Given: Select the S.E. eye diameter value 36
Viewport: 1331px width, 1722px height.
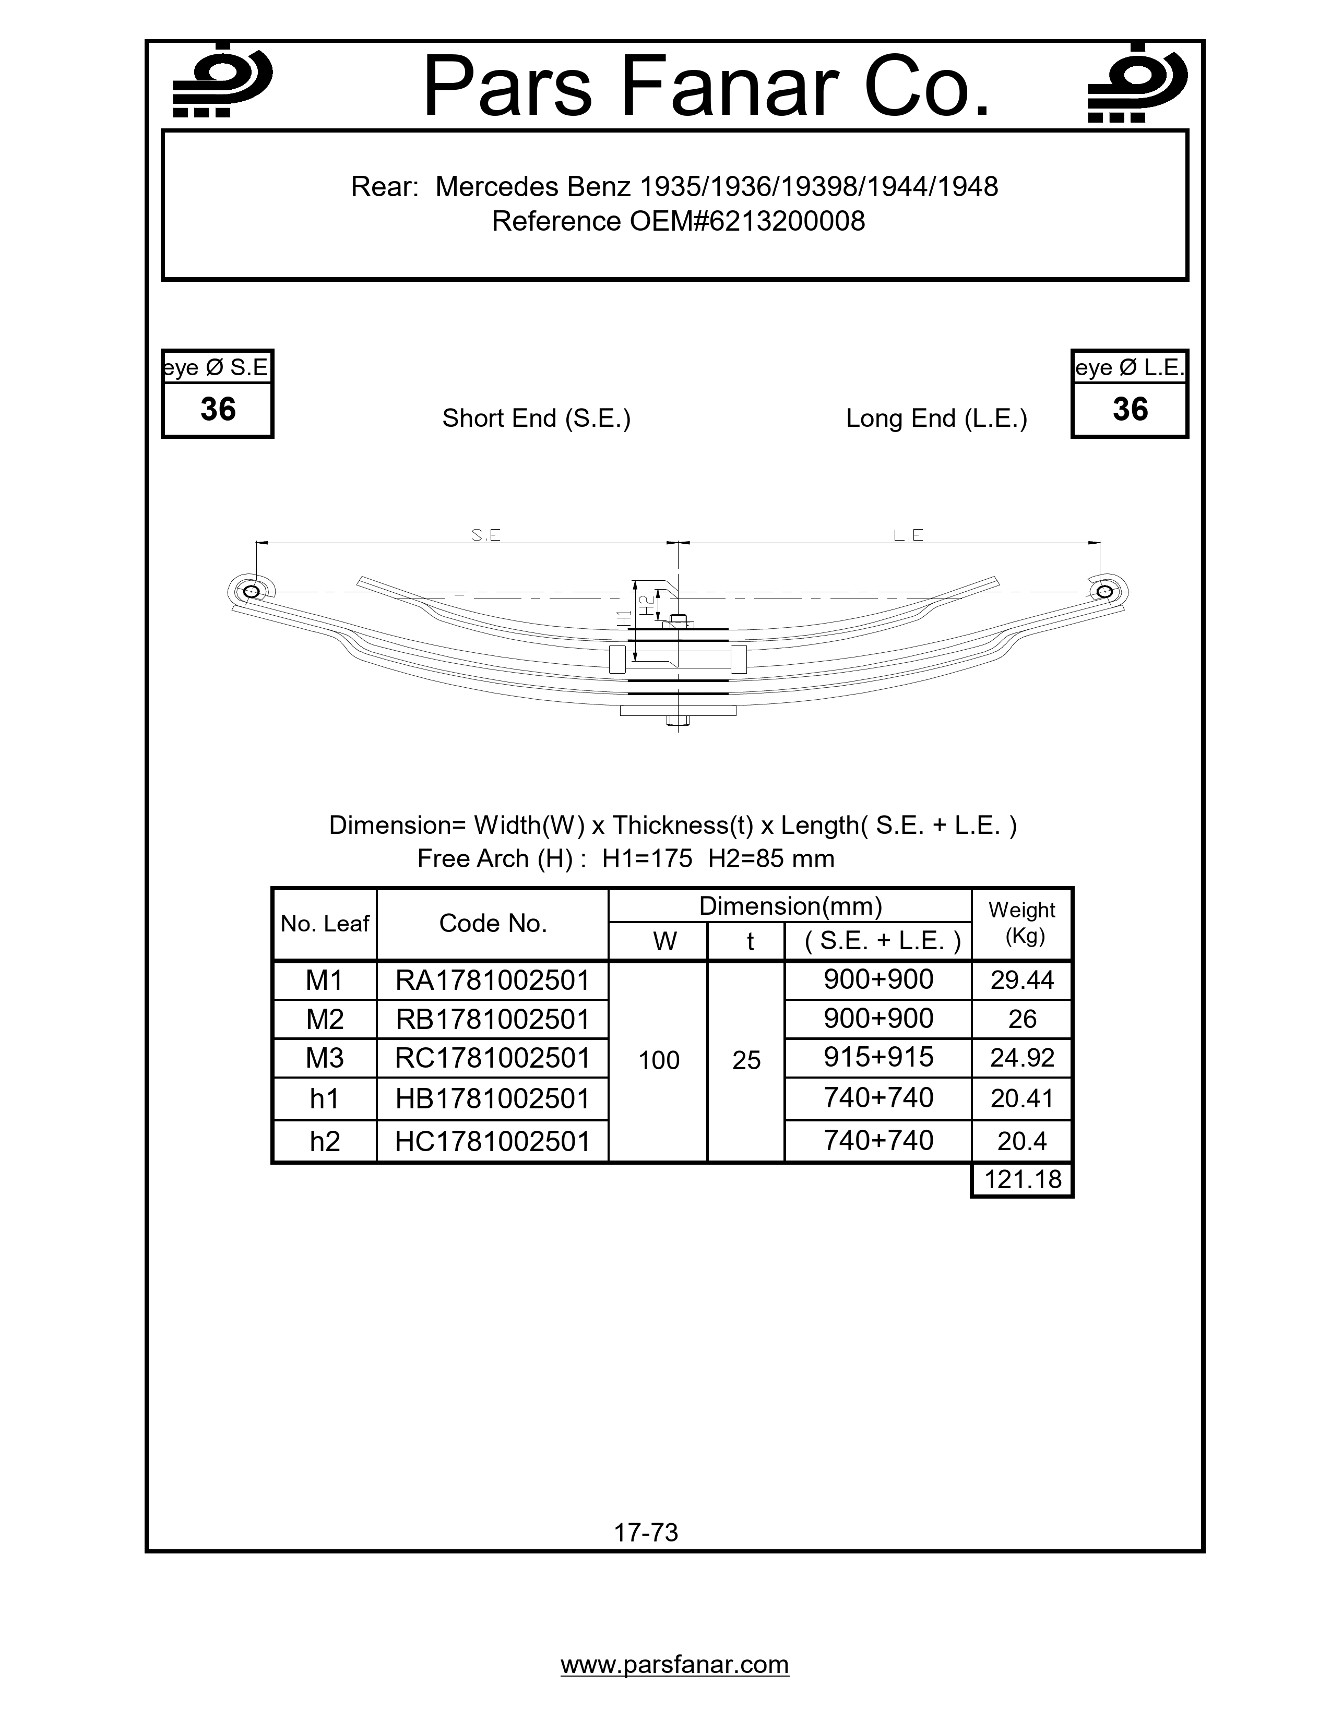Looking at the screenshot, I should coord(218,409).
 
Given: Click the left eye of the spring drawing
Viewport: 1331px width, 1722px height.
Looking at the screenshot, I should coord(252,591).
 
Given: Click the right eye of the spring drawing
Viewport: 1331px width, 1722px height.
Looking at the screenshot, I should coord(1104,591).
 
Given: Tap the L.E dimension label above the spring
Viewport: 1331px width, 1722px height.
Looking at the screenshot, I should coord(908,535).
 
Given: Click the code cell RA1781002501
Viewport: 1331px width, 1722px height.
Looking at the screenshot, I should coord(493,980).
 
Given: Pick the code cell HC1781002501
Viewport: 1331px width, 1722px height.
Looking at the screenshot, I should coord(493,1141).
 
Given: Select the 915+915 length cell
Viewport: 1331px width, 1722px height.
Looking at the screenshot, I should coord(878,1057).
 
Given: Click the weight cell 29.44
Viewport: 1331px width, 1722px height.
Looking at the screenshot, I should coord(1022,980).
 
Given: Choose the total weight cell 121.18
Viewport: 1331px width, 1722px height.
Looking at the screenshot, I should coord(1022,1179).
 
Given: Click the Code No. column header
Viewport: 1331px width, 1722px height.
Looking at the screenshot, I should coord(493,923).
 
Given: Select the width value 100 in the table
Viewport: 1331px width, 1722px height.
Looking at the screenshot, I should coord(658,1060).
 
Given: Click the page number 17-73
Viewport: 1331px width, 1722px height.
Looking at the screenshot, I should coord(646,1532).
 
